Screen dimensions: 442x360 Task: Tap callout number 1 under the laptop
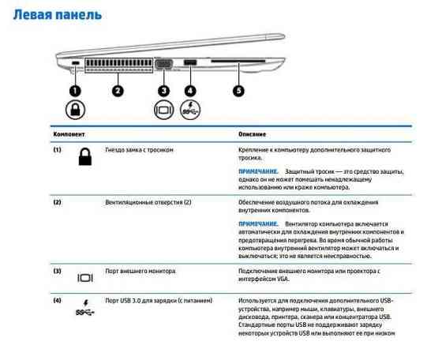point(74,90)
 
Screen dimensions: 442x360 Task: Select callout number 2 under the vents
point(117,90)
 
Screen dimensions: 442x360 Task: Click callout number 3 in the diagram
point(164,90)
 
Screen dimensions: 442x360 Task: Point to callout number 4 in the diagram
point(190,90)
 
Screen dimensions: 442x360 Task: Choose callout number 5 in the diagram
point(238,90)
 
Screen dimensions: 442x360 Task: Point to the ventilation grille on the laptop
point(118,66)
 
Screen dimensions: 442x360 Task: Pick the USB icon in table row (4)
point(84,309)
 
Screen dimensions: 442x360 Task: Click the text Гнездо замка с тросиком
point(139,149)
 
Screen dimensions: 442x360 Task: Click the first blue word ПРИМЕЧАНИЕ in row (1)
point(258,171)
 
